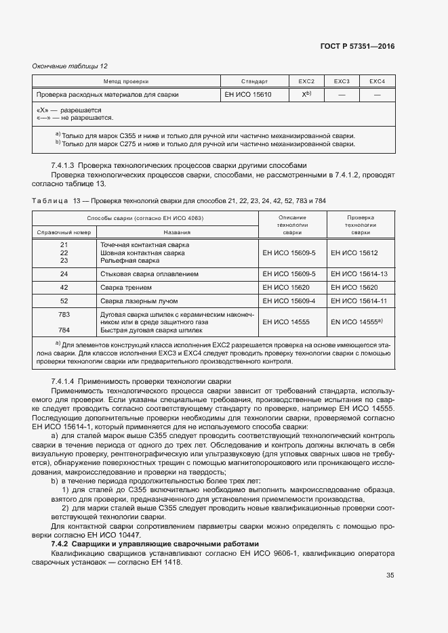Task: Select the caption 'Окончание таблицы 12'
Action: pyautogui.click(x=70, y=66)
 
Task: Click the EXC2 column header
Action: pyautogui.click(x=306, y=81)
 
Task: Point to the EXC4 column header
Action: pyautogui.click(x=377, y=81)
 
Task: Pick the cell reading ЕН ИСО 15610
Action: pyautogui.click(x=248, y=95)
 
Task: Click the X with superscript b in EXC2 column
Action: pyautogui.click(x=306, y=95)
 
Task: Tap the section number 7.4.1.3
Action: pyautogui.click(x=66, y=166)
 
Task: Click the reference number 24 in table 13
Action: pyautogui.click(x=64, y=274)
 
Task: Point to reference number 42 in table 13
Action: pyautogui.click(x=64, y=287)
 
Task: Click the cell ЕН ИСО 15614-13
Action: pyautogui.click(x=359, y=274)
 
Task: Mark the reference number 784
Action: pyautogui.click(x=64, y=331)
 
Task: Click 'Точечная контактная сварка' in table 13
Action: pyautogui.click(x=144, y=244)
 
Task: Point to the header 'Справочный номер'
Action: pyautogui.click(x=64, y=232)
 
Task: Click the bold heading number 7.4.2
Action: pyautogui.click(x=62, y=544)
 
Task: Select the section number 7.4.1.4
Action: pyautogui.click(x=66, y=382)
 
